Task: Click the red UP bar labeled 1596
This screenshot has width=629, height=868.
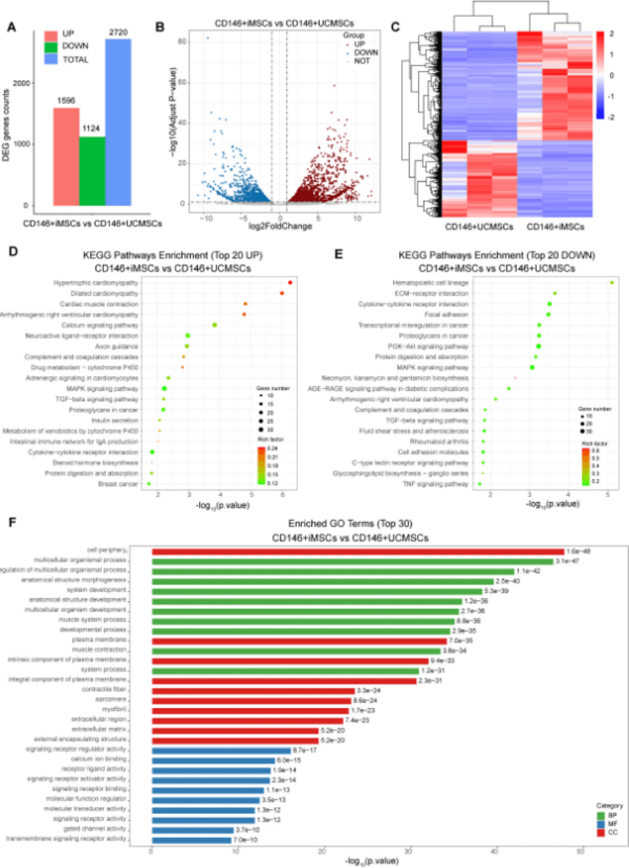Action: [66, 156]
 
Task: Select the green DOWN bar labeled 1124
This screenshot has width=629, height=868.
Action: [92, 171]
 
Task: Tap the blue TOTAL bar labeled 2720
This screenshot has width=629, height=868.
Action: [118, 122]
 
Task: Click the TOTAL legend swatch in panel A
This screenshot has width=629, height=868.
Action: [51, 59]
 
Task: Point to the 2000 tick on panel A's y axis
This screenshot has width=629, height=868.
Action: [22, 83]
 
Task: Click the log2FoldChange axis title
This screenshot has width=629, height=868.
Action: [280, 226]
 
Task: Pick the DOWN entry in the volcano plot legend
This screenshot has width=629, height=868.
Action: [366, 52]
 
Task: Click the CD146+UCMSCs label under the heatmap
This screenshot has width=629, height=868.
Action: [479, 227]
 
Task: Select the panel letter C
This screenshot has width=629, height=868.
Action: [395, 27]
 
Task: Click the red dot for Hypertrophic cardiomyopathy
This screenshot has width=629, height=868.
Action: [290, 283]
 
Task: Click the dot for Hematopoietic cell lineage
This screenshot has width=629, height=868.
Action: [612, 283]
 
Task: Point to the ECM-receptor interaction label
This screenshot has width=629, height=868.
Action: [431, 294]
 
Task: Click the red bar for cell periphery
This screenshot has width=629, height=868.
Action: [358, 552]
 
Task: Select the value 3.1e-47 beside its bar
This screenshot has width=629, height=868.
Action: [567, 561]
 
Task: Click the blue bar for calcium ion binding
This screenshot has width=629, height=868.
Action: [213, 760]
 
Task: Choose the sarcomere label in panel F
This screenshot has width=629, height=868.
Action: [111, 699]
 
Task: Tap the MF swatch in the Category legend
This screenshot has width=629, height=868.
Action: [600, 824]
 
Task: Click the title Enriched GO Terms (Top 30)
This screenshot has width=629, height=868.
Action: [350, 524]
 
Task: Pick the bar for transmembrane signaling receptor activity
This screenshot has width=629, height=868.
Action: [192, 840]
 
